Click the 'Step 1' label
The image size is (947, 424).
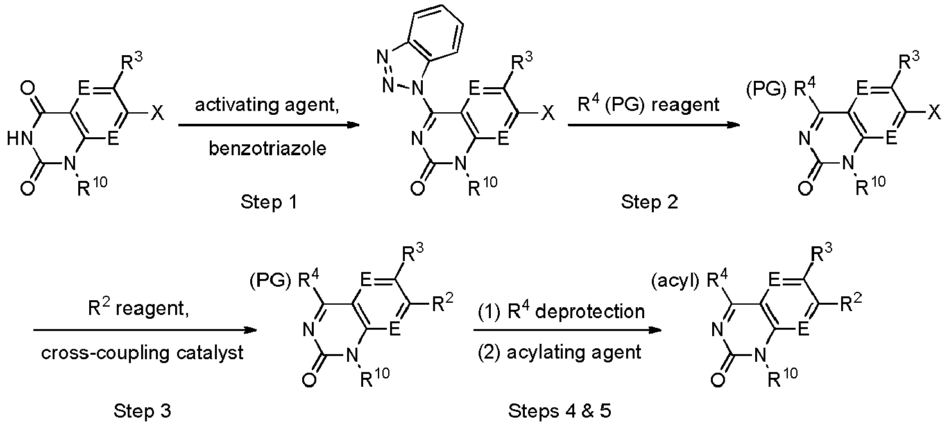(269, 202)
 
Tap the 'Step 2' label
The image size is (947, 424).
(649, 202)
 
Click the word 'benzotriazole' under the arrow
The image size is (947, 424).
(268, 149)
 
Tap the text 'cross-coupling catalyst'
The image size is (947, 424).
(142, 353)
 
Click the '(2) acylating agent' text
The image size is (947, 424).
(559, 353)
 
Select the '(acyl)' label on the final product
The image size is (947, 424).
(675, 282)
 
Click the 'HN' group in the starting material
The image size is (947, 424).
(19, 139)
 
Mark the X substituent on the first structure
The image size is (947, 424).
(157, 113)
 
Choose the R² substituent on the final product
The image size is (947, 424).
(851, 302)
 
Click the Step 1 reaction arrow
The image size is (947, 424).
(269, 125)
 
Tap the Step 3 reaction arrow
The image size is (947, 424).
(145, 330)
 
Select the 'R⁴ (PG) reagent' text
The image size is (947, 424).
(648, 105)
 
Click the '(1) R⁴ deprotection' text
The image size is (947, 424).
(561, 312)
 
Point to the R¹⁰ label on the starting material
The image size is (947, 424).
(92, 187)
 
